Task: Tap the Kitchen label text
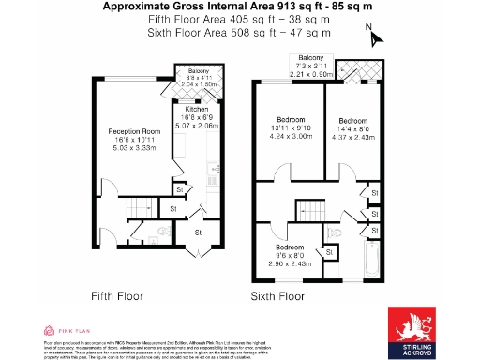point(197,110)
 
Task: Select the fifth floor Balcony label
point(198,70)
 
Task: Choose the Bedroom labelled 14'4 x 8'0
point(352,121)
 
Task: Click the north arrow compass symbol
point(377,38)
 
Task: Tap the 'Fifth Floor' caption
point(118,295)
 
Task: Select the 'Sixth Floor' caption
point(278,295)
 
